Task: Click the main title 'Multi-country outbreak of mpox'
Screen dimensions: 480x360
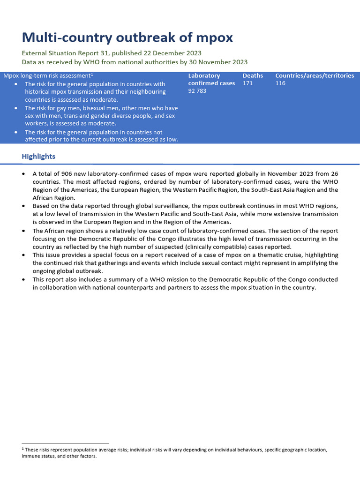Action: [x=127, y=37]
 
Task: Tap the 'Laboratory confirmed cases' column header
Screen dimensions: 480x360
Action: [x=211, y=79]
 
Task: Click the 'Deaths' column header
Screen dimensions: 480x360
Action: [x=253, y=75]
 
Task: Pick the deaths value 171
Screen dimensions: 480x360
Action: [x=248, y=83]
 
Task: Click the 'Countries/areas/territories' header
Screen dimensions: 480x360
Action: [x=315, y=75]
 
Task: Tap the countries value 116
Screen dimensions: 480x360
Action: [x=280, y=83]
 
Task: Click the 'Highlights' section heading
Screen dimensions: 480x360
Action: [x=38, y=157]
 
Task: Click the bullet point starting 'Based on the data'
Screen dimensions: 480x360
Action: [x=24, y=206]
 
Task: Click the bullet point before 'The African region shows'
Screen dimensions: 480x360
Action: [x=24, y=231]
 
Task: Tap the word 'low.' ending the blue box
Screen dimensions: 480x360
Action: [x=172, y=140]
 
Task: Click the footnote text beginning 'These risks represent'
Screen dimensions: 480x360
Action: [x=173, y=450]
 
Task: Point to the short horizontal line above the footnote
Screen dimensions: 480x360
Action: [x=65, y=443]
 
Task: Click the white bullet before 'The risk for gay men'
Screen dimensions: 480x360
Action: [x=16, y=108]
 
